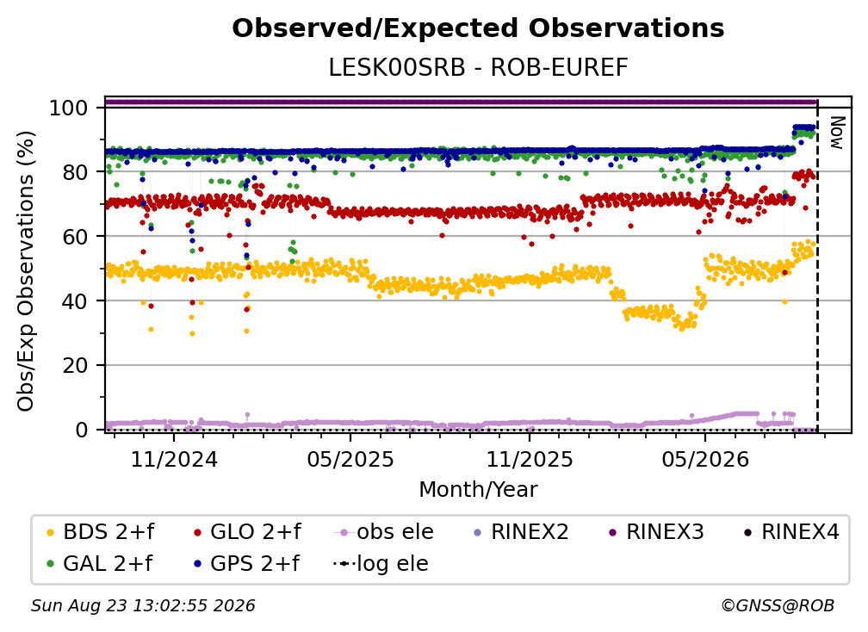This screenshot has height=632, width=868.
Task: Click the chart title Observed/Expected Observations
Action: pyautogui.click(x=478, y=28)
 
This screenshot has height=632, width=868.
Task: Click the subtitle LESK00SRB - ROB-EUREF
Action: pyautogui.click(x=478, y=68)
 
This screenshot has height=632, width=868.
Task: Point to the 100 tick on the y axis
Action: pyautogui.click(x=69, y=108)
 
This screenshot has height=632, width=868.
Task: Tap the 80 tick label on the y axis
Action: pyautogui.click(x=75, y=172)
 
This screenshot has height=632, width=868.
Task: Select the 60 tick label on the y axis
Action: pyautogui.click(x=75, y=236)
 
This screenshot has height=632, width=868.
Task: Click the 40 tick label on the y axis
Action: pyautogui.click(x=75, y=301)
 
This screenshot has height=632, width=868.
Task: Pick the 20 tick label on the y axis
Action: pyautogui.click(x=75, y=365)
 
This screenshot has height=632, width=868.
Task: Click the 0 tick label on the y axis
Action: pyautogui.click(x=82, y=430)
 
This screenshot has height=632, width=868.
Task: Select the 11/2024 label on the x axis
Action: pyautogui.click(x=174, y=459)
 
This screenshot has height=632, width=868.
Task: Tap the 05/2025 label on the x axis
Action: pyautogui.click(x=350, y=459)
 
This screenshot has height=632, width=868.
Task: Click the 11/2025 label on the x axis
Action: pyautogui.click(x=530, y=459)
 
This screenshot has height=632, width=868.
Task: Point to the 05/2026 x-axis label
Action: pyautogui.click(x=705, y=459)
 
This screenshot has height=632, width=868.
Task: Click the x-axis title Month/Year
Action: pyautogui.click(x=478, y=489)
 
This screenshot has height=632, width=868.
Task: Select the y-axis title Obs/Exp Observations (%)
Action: pyautogui.click(x=26, y=271)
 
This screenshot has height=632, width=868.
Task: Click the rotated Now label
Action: pyautogui.click(x=836, y=133)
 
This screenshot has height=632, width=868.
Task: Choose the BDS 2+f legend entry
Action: pyautogui.click(x=101, y=532)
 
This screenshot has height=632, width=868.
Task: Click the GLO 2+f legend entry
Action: pyautogui.click(x=247, y=532)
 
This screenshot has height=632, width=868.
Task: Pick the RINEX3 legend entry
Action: pyautogui.click(x=656, y=532)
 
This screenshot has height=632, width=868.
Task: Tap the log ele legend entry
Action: pyautogui.click(x=381, y=564)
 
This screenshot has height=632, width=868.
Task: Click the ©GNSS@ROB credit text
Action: pyautogui.click(x=778, y=606)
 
